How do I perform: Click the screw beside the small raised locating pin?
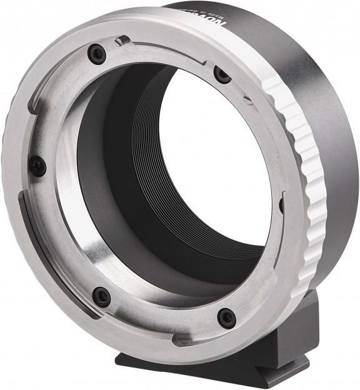click(x=97, y=54)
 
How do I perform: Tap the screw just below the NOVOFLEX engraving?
click(x=222, y=74)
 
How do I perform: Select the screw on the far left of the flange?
click(x=37, y=166)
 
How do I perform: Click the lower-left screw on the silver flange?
click(x=101, y=296)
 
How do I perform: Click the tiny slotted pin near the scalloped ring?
click(x=248, y=99)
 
